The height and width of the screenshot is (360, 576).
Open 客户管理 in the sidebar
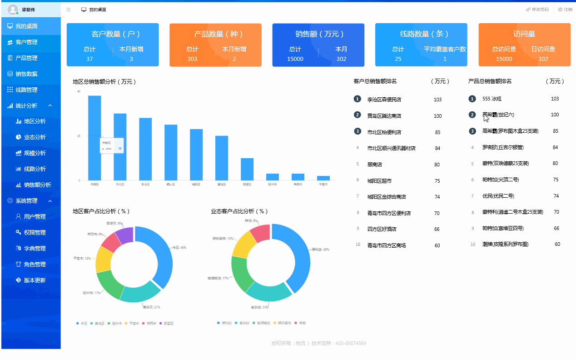click(x=26, y=42)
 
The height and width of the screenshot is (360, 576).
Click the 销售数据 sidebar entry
click(x=26, y=74)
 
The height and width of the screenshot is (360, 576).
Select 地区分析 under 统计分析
click(x=35, y=121)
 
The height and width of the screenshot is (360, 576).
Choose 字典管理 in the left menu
click(x=35, y=249)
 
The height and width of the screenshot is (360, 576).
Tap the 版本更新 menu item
click(x=35, y=280)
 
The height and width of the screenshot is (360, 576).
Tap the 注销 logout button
click(x=565, y=10)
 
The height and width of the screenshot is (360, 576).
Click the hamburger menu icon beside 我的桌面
click(x=68, y=10)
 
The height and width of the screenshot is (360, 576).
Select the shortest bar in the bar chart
click(x=323, y=178)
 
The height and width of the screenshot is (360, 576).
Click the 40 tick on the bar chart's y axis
click(x=79, y=91)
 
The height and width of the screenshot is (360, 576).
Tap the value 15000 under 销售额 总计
click(x=295, y=59)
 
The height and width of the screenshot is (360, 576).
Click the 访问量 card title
click(x=524, y=34)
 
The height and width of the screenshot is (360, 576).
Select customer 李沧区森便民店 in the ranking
click(x=384, y=100)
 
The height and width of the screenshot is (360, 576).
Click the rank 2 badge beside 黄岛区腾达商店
click(x=358, y=115)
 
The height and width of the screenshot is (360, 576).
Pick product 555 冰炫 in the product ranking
click(x=492, y=99)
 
